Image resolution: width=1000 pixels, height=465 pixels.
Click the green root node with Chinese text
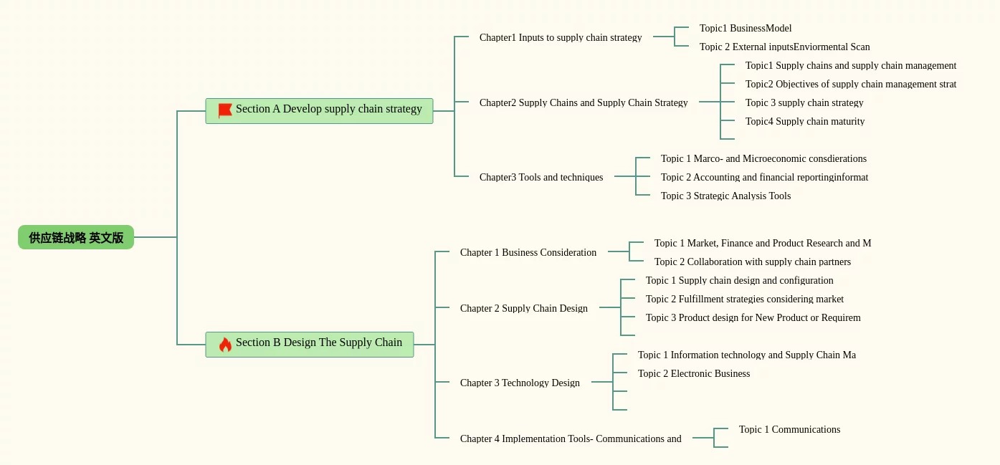click(x=76, y=237)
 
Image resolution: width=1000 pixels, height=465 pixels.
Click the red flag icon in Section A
click(x=225, y=110)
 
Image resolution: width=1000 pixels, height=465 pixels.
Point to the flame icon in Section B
click(x=225, y=345)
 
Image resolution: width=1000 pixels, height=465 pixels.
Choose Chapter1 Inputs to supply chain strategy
click(x=561, y=37)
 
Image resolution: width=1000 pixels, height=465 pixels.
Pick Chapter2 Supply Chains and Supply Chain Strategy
click(x=584, y=102)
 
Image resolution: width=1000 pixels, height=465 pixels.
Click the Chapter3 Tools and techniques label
click(x=541, y=177)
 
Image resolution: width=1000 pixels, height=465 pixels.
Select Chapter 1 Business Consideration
click(x=528, y=252)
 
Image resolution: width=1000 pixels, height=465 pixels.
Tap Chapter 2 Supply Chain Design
click(x=524, y=308)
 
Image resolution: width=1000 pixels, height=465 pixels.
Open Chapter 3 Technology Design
click(x=520, y=383)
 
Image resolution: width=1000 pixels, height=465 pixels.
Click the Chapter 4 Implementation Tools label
click(x=571, y=438)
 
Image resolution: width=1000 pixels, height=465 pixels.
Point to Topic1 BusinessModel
click(x=746, y=28)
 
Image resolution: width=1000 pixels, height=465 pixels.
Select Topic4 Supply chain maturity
click(x=805, y=121)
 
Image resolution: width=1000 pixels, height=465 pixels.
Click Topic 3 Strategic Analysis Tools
click(x=725, y=196)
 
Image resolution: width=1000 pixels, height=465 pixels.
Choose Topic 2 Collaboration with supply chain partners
click(x=753, y=262)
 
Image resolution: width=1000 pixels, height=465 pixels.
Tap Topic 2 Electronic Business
click(x=694, y=373)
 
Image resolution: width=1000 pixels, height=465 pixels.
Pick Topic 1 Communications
click(x=789, y=429)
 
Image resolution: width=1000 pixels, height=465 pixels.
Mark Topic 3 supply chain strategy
click(x=804, y=102)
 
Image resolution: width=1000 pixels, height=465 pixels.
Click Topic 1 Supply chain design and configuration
click(x=739, y=280)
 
